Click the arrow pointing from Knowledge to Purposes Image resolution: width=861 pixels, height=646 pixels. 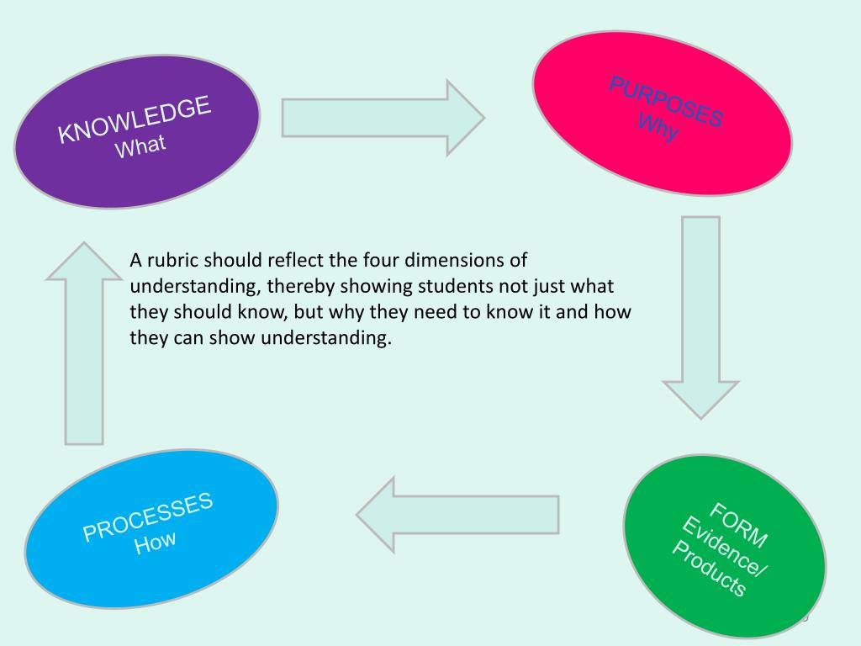[383, 117]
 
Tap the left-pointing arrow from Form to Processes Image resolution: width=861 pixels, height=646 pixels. [458, 513]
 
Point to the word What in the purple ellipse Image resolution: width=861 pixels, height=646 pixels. [141, 146]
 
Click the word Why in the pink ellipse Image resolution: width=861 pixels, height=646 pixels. [658, 127]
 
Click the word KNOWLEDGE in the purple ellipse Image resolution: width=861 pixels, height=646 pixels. [135, 121]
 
